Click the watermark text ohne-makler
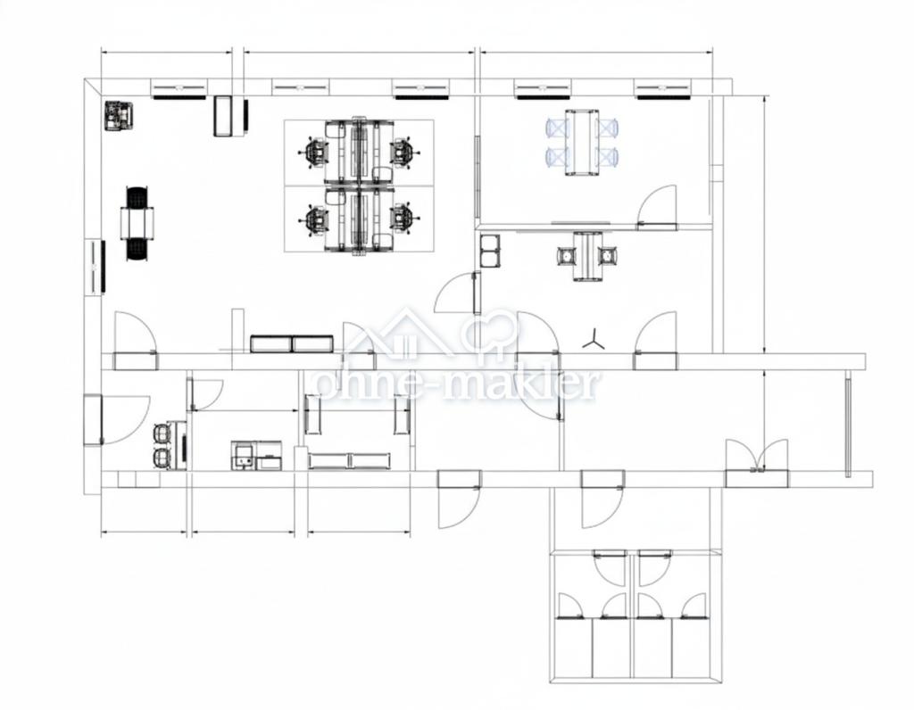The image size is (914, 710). [457, 384]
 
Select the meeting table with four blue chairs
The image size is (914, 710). [582, 142]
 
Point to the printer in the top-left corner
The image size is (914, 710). [120, 116]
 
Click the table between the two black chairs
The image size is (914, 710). [137, 223]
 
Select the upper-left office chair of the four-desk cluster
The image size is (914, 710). [316, 152]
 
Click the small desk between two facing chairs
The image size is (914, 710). [587, 256]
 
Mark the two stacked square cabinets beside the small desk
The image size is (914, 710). [489, 251]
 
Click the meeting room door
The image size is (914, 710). [657, 208]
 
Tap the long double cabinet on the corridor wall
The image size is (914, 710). [292, 343]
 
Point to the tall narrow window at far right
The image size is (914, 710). [848, 427]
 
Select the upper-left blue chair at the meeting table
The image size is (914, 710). [557, 128]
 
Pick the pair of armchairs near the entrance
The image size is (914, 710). [162, 446]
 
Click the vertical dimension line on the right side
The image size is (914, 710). [764, 224]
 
